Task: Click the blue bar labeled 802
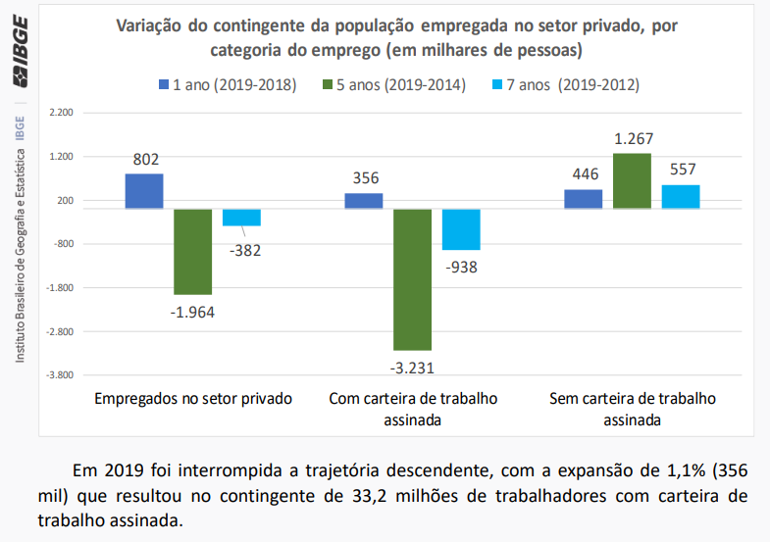(144, 191)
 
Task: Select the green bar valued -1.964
(193, 251)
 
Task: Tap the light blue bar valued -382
(241, 218)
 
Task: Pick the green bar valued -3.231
(412, 279)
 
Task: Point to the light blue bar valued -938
(460, 229)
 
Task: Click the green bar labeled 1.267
(632, 181)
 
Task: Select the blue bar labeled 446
(584, 199)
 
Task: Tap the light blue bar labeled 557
(681, 197)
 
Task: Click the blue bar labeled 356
(364, 201)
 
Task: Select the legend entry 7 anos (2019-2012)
(568, 85)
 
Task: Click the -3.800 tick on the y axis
(60, 375)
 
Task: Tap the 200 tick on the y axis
(65, 201)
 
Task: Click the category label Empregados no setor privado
(193, 400)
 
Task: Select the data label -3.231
(412, 369)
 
